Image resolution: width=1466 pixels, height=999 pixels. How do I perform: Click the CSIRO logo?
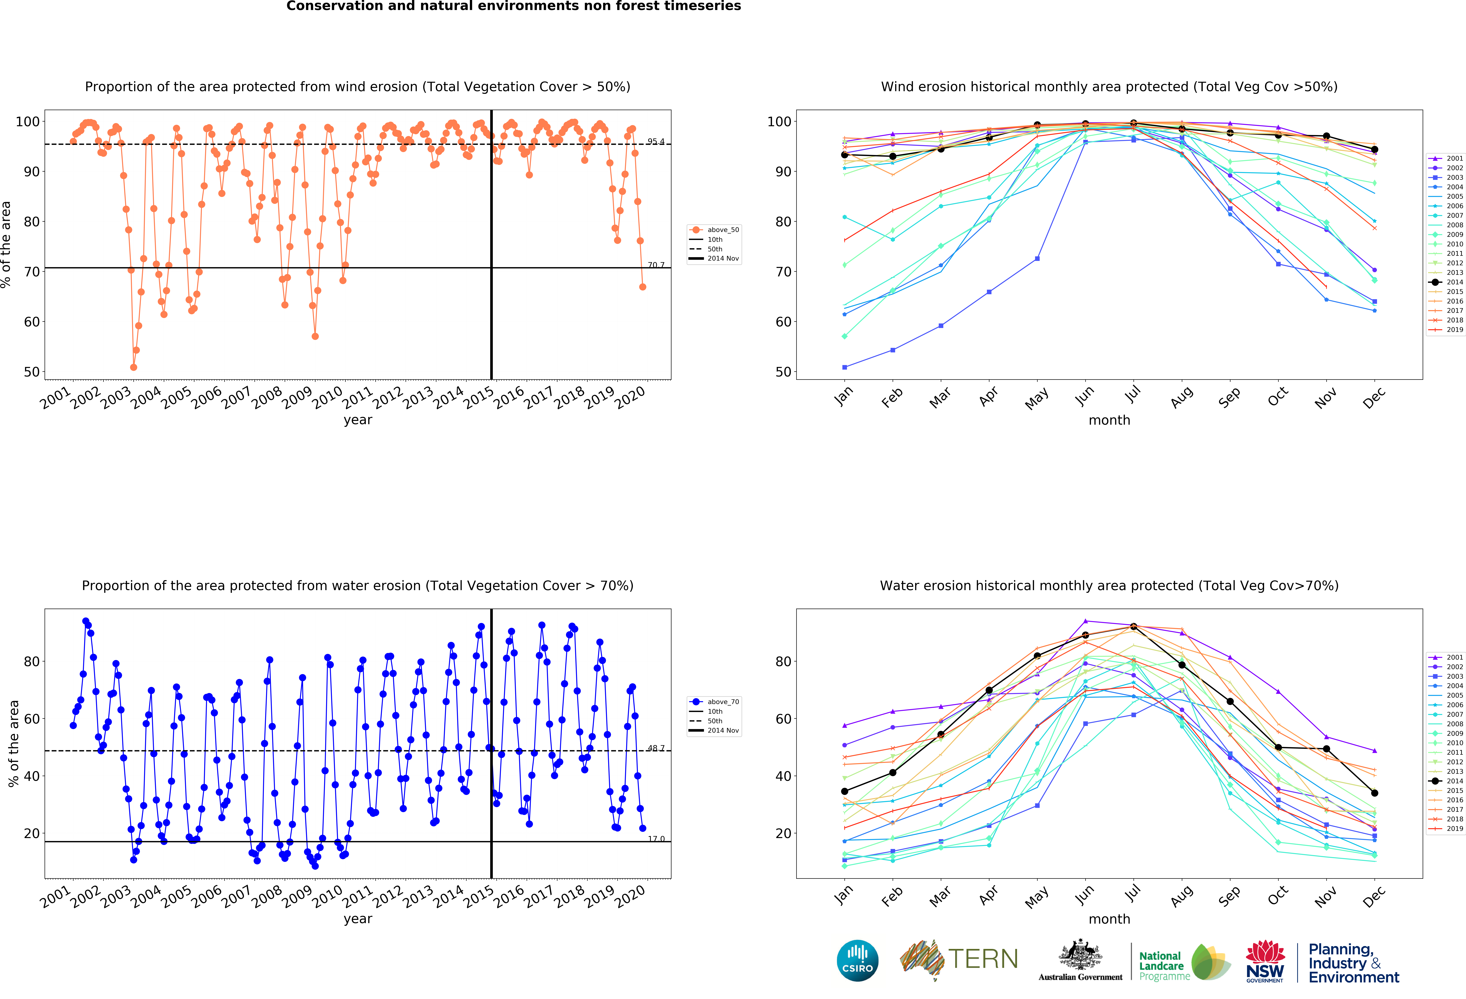coord(857,961)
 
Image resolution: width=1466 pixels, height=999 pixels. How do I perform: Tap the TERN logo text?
coord(983,959)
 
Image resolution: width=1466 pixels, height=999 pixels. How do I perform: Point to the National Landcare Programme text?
coord(1162,966)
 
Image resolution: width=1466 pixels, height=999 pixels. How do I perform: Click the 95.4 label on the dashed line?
coord(655,141)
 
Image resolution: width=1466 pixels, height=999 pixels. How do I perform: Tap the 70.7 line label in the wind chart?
coord(655,265)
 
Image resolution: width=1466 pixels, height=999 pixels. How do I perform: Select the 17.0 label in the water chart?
coord(655,839)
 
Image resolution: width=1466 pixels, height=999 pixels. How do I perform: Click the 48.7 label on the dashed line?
coord(655,748)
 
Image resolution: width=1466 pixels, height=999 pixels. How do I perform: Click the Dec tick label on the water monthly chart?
coord(1374,896)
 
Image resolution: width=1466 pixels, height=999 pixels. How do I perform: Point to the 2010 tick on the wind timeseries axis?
coord(328,397)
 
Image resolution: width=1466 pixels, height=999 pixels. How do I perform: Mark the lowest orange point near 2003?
coord(133,367)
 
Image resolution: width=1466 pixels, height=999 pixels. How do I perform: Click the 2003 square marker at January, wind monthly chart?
coord(845,367)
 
